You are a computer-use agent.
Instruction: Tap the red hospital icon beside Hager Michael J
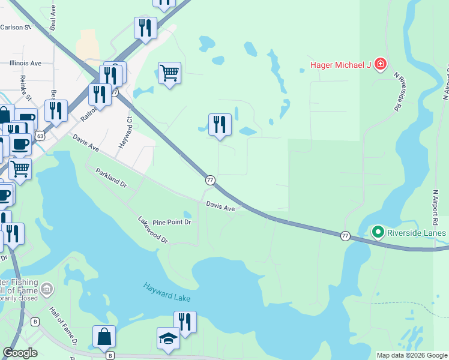(x=379, y=64)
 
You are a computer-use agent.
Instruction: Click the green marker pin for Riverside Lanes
(x=378, y=232)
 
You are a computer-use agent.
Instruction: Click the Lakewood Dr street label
(x=152, y=230)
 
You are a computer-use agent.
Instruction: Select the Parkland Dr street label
(x=112, y=179)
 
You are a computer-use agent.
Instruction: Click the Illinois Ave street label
(x=25, y=63)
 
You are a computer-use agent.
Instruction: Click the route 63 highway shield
(x=39, y=136)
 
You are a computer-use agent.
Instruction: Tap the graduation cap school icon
(x=168, y=339)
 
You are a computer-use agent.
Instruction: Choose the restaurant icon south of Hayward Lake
(x=185, y=323)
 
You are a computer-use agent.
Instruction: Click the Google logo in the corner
(x=20, y=353)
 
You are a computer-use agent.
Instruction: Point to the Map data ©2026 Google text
(x=412, y=355)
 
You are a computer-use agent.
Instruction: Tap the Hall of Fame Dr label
(x=62, y=327)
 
